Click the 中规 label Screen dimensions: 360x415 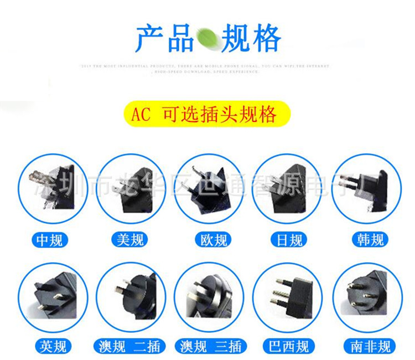pyautogui.click(x=53, y=239)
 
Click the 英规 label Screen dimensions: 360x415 pyautogui.click(x=53, y=346)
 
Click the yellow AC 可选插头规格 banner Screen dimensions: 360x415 pyautogui.click(x=207, y=115)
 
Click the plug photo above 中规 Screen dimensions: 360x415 pyautogui.click(x=53, y=188)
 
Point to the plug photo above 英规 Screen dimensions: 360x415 pyautogui.click(x=53, y=296)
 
